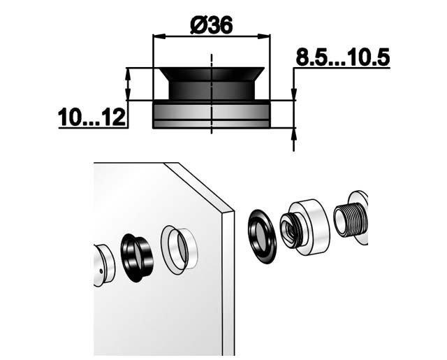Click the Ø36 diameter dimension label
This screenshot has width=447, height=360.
(212, 26)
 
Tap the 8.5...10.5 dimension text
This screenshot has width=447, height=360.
(342, 57)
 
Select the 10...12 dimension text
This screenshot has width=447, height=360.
(91, 117)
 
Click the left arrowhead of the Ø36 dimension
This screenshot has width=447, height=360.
(160, 36)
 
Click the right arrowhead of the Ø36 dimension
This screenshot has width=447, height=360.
(263, 36)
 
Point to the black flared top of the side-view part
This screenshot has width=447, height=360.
(212, 83)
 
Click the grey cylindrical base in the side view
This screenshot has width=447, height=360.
(211, 115)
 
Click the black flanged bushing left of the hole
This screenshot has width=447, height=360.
(136, 258)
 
